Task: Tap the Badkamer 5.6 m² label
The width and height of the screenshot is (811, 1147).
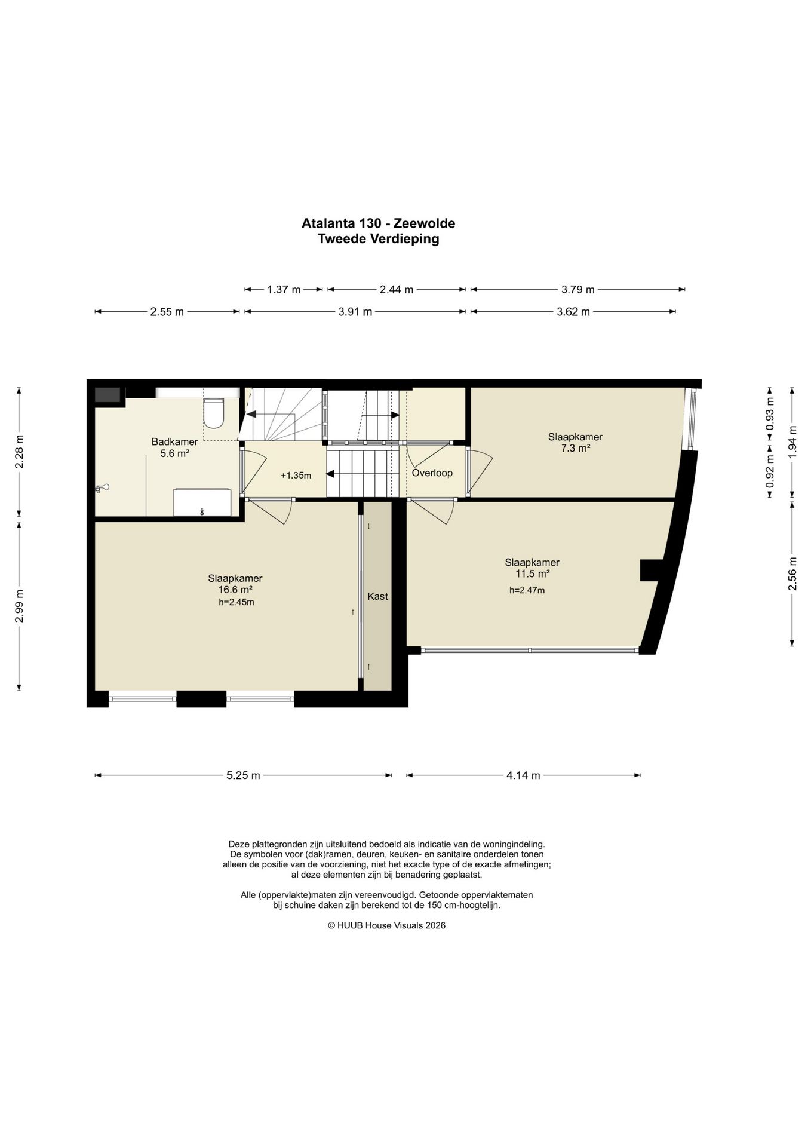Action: (174, 447)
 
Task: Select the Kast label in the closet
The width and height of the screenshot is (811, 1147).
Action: (377, 596)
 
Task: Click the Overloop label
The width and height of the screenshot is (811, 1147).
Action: (432, 473)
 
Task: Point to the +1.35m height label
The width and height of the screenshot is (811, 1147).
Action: (296, 476)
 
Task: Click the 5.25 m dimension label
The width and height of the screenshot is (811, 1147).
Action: (243, 775)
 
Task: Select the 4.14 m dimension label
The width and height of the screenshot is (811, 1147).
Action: (523, 775)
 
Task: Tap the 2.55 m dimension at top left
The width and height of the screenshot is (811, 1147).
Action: (167, 311)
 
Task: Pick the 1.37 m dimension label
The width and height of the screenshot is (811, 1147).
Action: (284, 290)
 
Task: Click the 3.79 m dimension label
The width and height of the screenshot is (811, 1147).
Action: (577, 290)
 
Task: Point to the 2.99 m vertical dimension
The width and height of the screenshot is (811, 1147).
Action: (20, 606)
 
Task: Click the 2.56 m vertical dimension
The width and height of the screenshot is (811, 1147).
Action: (792, 574)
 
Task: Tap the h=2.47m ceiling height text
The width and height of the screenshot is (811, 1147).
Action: (527, 590)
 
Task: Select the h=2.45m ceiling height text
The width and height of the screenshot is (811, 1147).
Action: (236, 602)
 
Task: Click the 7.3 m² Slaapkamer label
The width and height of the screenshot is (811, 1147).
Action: (575, 442)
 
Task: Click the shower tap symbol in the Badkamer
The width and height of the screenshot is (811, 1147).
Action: (102, 488)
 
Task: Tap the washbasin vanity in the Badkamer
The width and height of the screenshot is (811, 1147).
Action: (202, 502)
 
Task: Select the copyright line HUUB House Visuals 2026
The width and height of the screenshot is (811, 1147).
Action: (386, 925)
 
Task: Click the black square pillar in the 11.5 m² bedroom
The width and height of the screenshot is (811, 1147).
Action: (652, 570)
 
